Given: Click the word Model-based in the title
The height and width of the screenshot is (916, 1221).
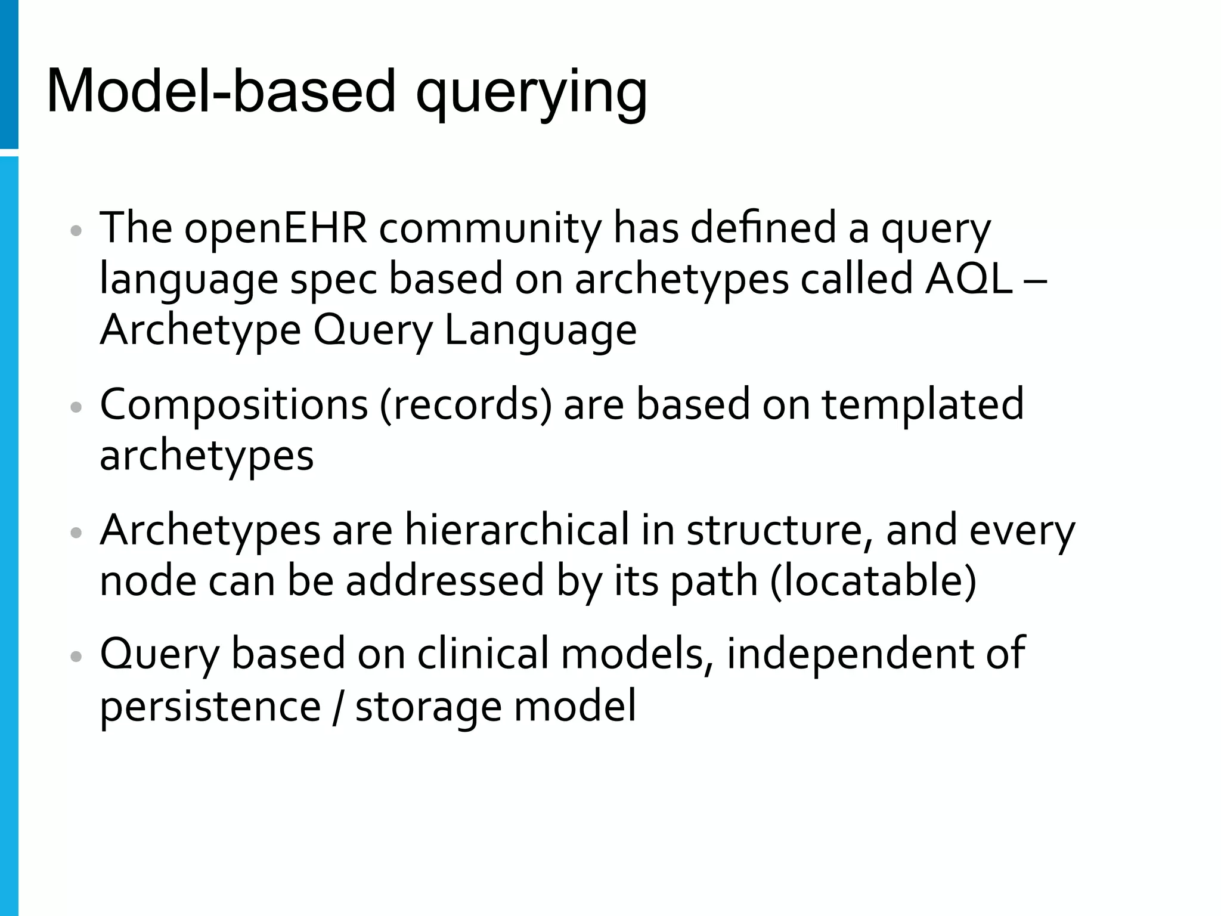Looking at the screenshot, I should click(221, 91).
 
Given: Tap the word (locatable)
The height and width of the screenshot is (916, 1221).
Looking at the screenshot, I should click(873, 581).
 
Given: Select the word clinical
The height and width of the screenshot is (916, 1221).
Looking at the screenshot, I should click(482, 654).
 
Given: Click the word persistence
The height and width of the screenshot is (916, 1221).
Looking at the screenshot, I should click(210, 706).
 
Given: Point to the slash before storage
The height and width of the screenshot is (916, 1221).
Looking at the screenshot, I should click(338, 706).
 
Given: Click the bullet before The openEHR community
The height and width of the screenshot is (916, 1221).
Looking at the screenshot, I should click(76, 231).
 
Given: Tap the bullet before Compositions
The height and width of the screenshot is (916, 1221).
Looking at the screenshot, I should click(76, 407).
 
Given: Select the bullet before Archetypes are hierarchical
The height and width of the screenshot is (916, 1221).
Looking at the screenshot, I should click(76, 532).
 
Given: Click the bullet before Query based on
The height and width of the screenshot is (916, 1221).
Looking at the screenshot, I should click(76, 656).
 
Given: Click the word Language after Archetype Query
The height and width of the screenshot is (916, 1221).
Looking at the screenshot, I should click(540, 332).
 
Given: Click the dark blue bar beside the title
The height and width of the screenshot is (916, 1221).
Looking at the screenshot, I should click(9, 74).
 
